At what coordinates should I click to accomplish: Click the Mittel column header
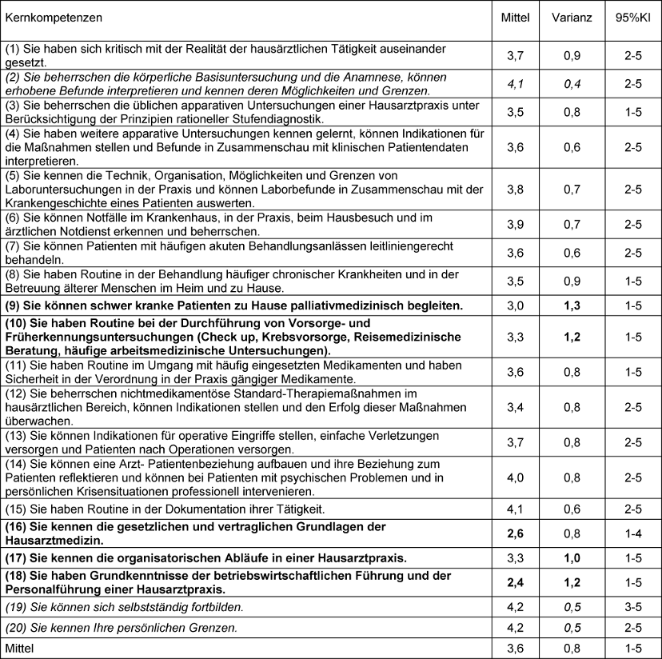click(x=515, y=17)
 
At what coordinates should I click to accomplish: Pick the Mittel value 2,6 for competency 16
click(x=515, y=533)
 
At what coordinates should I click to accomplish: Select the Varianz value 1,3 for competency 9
click(x=572, y=305)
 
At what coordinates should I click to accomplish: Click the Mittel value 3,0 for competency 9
click(x=515, y=305)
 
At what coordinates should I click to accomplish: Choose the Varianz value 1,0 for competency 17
click(x=572, y=557)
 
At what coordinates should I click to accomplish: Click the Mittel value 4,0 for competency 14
click(x=515, y=478)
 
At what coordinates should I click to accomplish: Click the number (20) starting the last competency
click(x=17, y=628)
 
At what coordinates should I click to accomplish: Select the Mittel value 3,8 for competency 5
click(x=515, y=190)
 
